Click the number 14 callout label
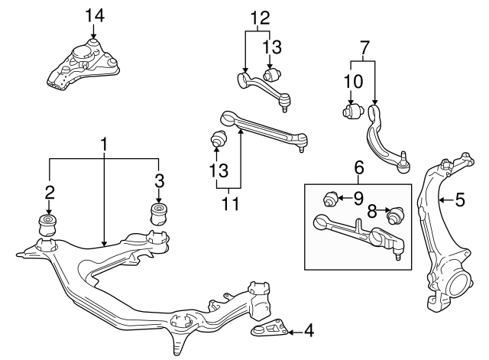pyautogui.click(x=92, y=15)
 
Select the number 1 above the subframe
pyautogui.click(x=103, y=143)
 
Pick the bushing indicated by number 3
pyautogui.click(x=159, y=214)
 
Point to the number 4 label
pyautogui.click(x=308, y=331)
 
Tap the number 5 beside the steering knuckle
pyautogui.click(x=459, y=200)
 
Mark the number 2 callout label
pyautogui.click(x=49, y=191)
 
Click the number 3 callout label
pyautogui.click(x=159, y=181)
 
